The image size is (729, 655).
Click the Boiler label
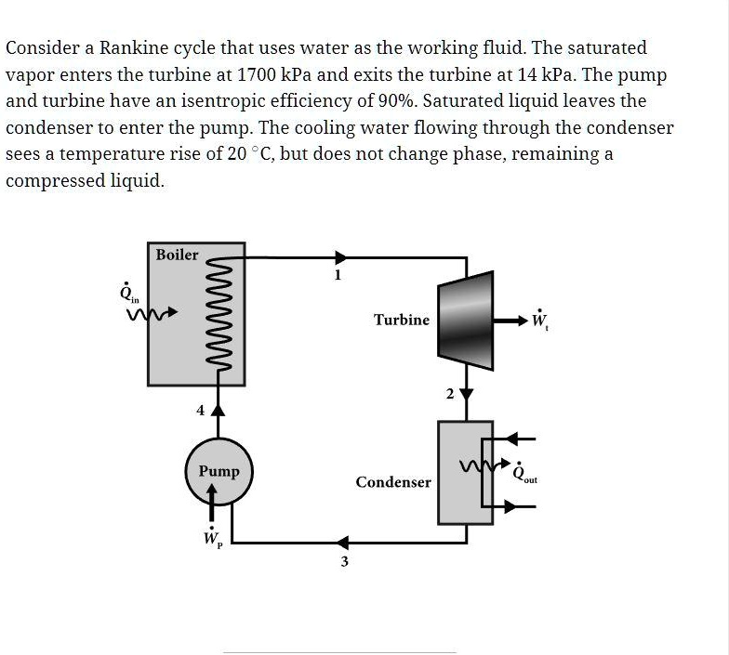coord(177,255)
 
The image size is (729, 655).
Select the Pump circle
coord(219,471)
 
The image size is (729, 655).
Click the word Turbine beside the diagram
coord(402,320)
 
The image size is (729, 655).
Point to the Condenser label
coord(393,482)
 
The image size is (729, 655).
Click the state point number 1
coord(338,275)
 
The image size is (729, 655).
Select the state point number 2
coord(449,395)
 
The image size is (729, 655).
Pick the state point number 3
coord(344,562)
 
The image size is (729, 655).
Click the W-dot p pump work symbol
coord(212,538)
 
